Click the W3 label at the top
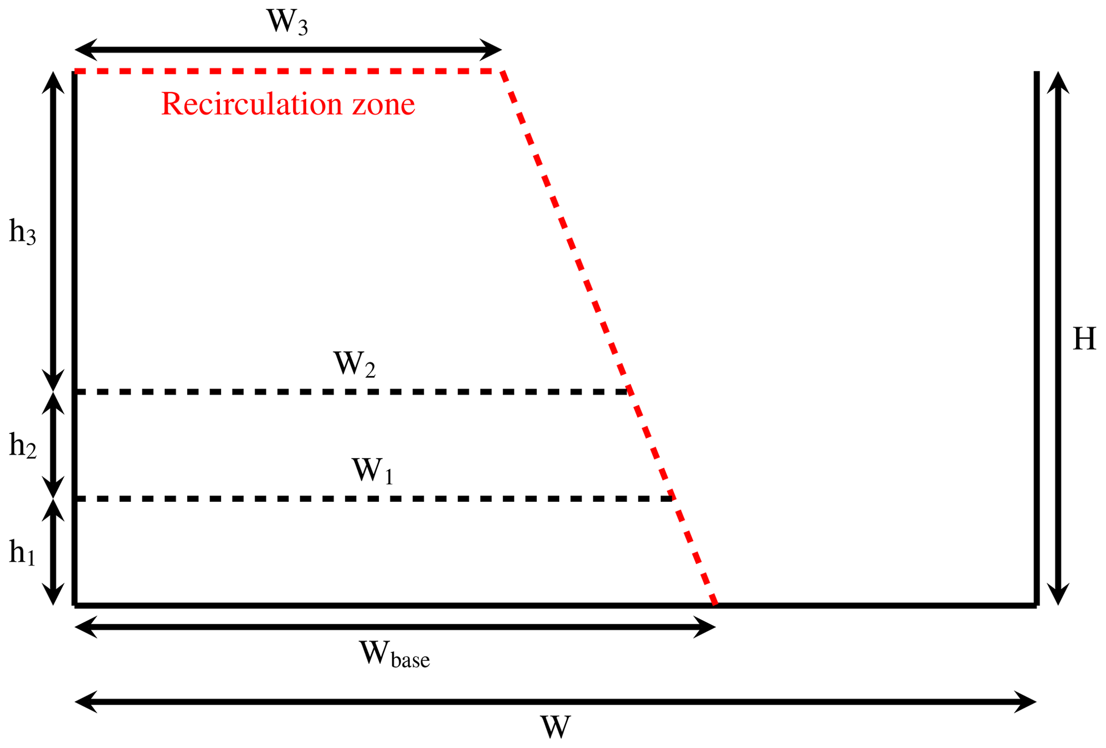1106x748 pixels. (x=287, y=22)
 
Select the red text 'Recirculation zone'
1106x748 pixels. (x=288, y=104)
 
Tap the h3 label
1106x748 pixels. (x=22, y=233)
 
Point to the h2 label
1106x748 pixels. (x=22, y=445)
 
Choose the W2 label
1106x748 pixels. (x=354, y=365)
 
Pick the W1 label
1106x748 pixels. (x=372, y=471)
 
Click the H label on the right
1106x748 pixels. (x=1084, y=339)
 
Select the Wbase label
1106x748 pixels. (x=394, y=654)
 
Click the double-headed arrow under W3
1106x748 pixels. (x=288, y=50)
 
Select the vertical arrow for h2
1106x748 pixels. (x=53, y=445)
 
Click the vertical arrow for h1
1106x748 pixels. (x=53, y=552)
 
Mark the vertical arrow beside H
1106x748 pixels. (x=1058, y=338)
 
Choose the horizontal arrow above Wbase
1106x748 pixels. (x=395, y=627)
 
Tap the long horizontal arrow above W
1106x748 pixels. (x=555, y=702)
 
